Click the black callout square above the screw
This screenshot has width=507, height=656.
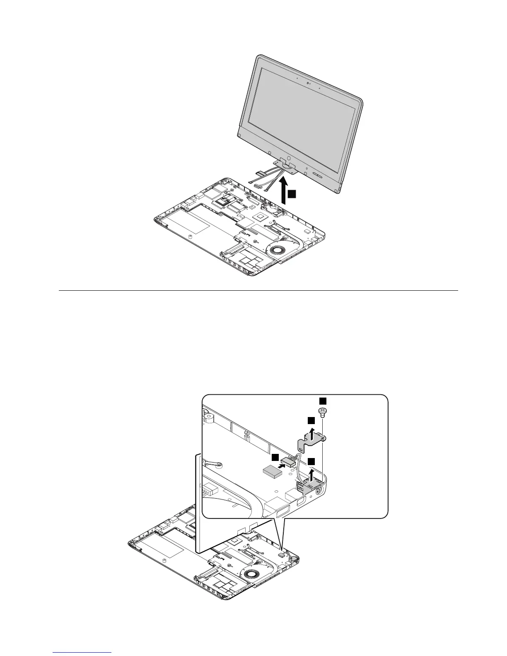[x=323, y=400]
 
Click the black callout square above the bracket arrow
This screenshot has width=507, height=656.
[x=311, y=420]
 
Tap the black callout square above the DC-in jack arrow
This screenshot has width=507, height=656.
[x=311, y=461]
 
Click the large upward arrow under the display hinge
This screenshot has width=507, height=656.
[x=284, y=191]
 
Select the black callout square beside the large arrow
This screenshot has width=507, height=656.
[x=292, y=194]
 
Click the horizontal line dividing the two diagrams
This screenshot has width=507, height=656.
[x=257, y=290]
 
